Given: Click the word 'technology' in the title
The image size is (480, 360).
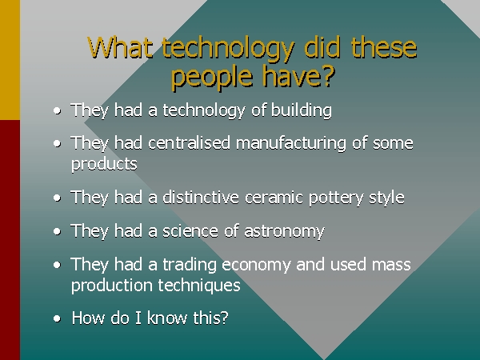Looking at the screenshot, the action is click(228, 49).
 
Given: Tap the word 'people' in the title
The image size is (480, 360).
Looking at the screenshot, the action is click(211, 78).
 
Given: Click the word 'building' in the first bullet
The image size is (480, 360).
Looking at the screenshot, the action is click(302, 110).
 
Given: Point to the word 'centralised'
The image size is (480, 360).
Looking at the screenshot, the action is click(189, 142).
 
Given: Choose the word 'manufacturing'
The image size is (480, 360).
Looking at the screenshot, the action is click(291, 143).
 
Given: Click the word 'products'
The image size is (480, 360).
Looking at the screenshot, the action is click(104, 164).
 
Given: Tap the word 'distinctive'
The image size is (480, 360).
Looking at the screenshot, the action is click(201, 197).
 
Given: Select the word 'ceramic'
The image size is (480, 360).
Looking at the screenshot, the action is click(274, 198).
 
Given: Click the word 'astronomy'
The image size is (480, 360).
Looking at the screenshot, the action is click(284, 231).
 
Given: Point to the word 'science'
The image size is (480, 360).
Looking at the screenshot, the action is click(190, 231).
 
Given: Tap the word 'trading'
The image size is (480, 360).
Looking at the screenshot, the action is click(190, 265).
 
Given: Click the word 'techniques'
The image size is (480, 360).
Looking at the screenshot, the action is click(199, 286).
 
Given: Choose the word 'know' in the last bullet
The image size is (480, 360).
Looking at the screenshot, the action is click(167, 318).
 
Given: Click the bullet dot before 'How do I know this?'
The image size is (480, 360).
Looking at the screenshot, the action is click(57, 318).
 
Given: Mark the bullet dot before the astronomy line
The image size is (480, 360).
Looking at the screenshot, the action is click(57, 231).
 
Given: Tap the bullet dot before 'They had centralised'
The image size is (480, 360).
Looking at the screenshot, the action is click(57, 143).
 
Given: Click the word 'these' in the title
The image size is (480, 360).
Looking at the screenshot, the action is click(384, 48).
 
